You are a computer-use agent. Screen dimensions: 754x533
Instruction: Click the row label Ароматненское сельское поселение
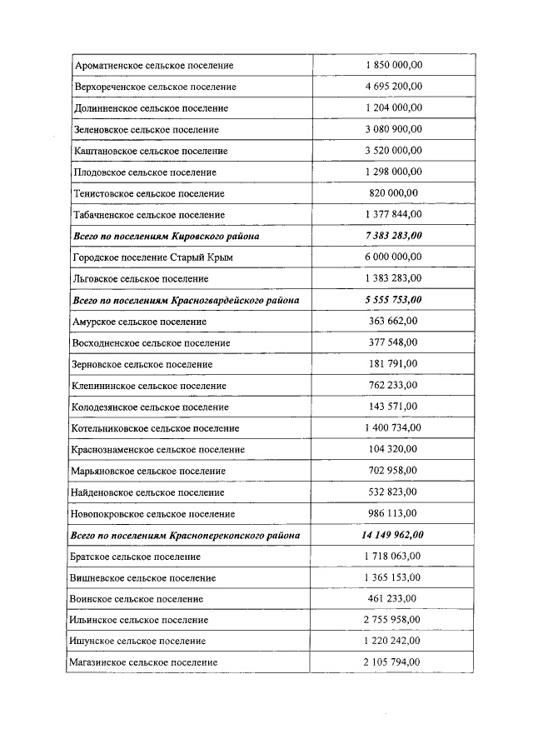click(x=154, y=65)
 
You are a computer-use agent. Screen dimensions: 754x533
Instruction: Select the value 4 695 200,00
click(x=393, y=86)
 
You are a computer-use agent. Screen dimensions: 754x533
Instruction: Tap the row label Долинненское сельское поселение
click(x=151, y=108)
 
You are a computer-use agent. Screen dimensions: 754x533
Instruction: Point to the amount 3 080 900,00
click(x=393, y=129)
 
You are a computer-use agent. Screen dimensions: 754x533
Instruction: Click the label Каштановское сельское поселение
click(x=152, y=151)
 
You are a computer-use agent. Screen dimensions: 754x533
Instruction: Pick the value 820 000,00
click(x=393, y=192)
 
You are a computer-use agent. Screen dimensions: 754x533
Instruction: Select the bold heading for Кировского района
click(x=166, y=236)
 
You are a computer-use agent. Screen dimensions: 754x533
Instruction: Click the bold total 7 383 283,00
click(x=393, y=236)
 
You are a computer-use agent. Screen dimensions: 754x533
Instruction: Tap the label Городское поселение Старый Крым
click(x=153, y=257)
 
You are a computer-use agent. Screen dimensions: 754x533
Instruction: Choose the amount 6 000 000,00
click(x=393, y=257)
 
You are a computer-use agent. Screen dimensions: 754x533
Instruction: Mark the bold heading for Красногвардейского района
click(x=186, y=300)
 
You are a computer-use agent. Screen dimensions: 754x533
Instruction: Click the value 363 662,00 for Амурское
click(x=393, y=321)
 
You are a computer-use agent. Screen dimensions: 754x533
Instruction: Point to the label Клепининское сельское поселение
click(x=150, y=386)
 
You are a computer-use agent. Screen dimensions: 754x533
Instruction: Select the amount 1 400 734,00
click(x=393, y=427)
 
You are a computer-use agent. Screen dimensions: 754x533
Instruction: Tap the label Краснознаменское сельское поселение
click(x=159, y=450)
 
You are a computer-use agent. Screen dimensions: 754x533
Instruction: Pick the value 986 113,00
click(x=393, y=513)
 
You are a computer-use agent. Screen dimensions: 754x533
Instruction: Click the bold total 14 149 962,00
click(x=393, y=535)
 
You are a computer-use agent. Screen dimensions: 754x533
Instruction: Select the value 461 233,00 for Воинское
click(x=393, y=598)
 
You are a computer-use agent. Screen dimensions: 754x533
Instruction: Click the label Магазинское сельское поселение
click(x=146, y=662)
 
